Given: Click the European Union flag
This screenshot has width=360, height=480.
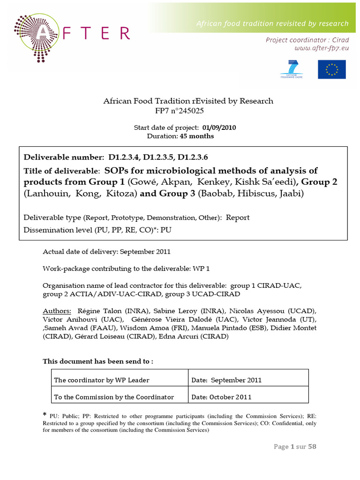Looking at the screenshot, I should click(331, 69).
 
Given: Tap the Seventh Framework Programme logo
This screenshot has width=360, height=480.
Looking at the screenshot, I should click(292, 69).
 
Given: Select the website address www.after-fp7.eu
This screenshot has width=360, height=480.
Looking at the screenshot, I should click(321, 48).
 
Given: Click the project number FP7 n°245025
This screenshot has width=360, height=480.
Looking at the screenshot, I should click(180, 111).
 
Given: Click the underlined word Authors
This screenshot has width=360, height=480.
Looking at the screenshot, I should click(57, 311).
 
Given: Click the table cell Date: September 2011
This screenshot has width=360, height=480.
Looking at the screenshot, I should click(226, 380).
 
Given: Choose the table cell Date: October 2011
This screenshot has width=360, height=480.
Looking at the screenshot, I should click(222, 397).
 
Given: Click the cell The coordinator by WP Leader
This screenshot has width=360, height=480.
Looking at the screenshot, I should click(102, 380).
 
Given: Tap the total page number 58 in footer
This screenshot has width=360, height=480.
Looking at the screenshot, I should click(312, 447).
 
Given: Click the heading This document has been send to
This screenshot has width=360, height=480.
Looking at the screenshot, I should click(98, 361).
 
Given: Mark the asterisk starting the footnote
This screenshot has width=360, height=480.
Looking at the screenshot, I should click(45, 415).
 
